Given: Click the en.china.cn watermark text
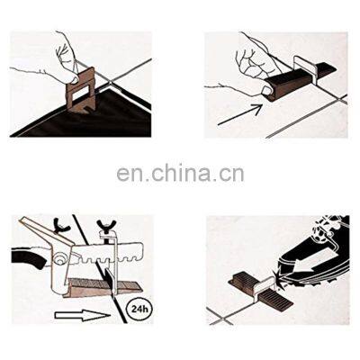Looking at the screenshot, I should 179,173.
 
